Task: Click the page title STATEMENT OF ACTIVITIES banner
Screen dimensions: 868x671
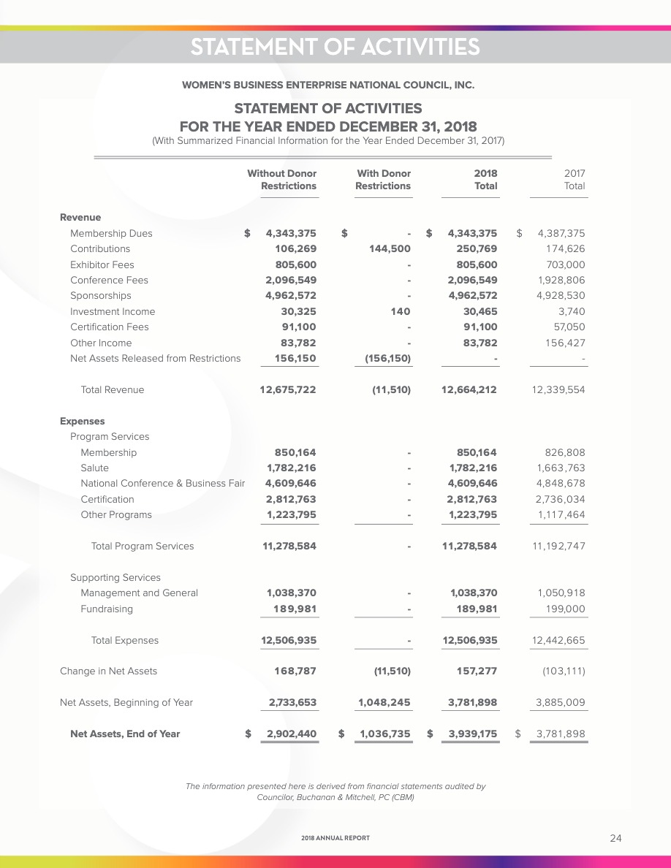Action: point(335,47)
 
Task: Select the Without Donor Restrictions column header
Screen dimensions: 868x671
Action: point(282,180)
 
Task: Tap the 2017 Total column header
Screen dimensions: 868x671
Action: point(575,180)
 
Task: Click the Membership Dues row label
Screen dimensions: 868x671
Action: point(111,234)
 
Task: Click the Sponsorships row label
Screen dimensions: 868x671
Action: point(101,296)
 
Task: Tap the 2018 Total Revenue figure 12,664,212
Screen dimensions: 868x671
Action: point(469,390)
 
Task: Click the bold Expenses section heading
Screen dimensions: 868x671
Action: point(82,422)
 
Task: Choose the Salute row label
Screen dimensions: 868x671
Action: point(94,468)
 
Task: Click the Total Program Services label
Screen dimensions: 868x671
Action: point(143,547)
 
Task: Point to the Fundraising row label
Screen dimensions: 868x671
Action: point(107,609)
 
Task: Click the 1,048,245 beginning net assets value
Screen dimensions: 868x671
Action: point(384,703)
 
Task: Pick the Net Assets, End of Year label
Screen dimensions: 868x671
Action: point(125,734)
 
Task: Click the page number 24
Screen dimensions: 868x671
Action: point(615,838)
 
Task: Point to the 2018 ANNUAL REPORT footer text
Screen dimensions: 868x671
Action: point(335,838)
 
